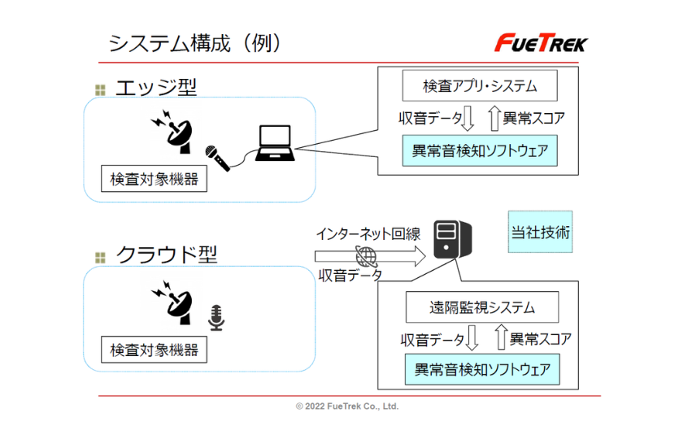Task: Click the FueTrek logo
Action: point(542,42)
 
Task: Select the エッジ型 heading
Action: point(156,87)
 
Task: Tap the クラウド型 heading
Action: point(167,254)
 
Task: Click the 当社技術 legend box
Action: point(541,233)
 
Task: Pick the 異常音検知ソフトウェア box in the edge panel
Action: point(480,151)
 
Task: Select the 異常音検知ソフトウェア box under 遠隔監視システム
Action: point(482,370)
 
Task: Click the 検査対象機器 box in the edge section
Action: point(155,179)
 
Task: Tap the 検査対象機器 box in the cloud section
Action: point(155,350)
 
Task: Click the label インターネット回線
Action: point(368,234)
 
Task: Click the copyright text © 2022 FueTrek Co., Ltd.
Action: point(347,407)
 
